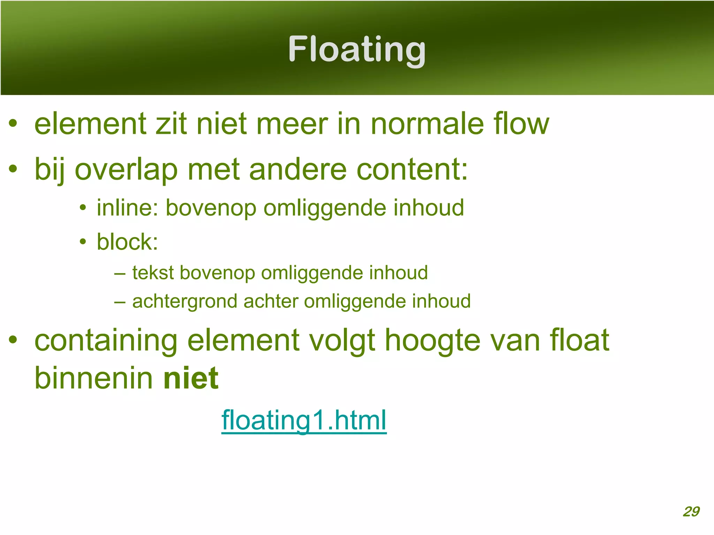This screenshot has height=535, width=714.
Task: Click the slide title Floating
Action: [357, 50]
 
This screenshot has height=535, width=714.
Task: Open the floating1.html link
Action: [304, 420]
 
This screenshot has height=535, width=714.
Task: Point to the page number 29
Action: [691, 511]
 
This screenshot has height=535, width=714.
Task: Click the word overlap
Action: [127, 170]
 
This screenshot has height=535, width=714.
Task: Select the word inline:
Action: [128, 208]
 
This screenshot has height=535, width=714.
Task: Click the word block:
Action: [127, 242]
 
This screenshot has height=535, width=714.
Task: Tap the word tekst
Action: [153, 272]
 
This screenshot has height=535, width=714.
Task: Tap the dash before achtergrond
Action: [120, 302]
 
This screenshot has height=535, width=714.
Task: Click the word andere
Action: [298, 170]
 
